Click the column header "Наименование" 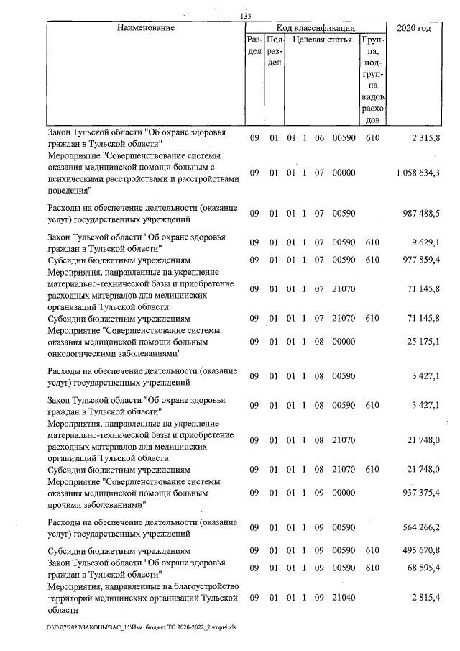point(144,28)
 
